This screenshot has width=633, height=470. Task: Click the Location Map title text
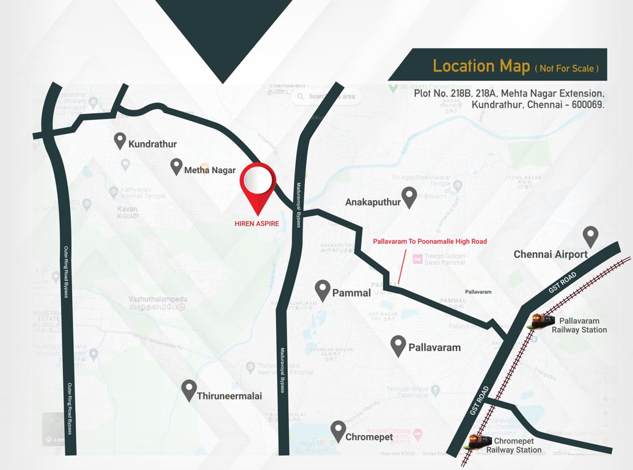pyautogui.click(x=481, y=66)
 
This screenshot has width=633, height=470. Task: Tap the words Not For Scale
pyautogui.click(x=566, y=69)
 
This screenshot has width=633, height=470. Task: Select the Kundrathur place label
pyautogui.click(x=152, y=144)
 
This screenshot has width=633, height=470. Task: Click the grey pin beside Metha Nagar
pyautogui.click(x=177, y=166)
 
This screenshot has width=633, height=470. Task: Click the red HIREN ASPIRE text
pyautogui.click(x=257, y=224)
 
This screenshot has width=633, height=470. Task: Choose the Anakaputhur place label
pyautogui.click(x=373, y=202)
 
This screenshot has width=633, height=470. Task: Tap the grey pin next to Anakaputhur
pyautogui.click(x=409, y=196)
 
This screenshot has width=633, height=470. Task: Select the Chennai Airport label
pyautogui.click(x=551, y=255)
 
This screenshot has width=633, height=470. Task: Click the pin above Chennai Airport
pyautogui.click(x=590, y=236)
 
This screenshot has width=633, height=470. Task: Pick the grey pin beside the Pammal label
pyautogui.click(x=323, y=291)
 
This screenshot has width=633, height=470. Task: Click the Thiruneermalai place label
pyautogui.click(x=229, y=396)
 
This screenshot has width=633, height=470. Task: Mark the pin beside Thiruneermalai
pyautogui.click(x=189, y=390)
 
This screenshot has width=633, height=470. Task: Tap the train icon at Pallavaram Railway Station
pyautogui.click(x=543, y=320)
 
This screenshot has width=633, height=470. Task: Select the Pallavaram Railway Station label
pyautogui.click(x=579, y=325)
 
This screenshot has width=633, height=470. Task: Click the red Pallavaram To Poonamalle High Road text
pyautogui.click(x=430, y=242)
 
